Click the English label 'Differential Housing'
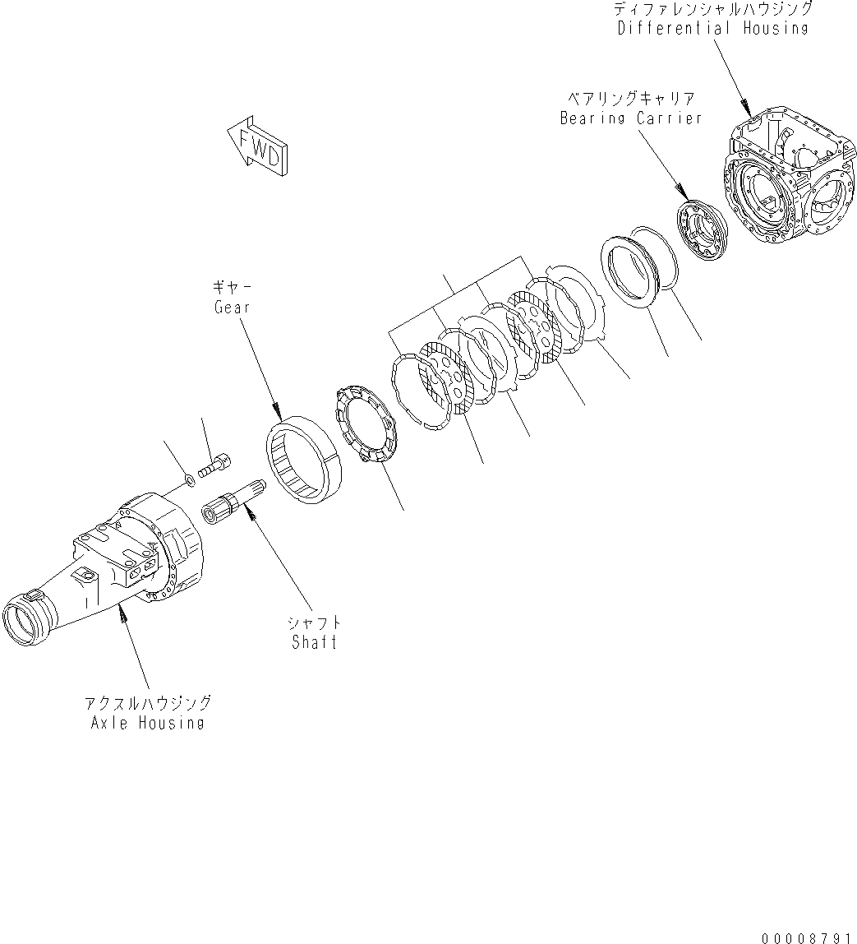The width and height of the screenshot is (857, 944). point(713,28)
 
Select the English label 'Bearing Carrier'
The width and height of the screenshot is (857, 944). point(631,118)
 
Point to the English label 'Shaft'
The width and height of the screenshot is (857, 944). point(315,642)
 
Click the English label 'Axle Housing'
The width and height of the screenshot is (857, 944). point(149,723)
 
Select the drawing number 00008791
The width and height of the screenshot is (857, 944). point(806,937)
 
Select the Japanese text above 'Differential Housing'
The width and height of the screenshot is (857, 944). point(713,9)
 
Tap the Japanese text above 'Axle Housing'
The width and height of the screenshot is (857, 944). point(149,704)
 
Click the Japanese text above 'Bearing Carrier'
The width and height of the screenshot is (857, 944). point(631,99)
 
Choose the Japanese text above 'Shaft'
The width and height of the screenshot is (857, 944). point(315,623)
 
